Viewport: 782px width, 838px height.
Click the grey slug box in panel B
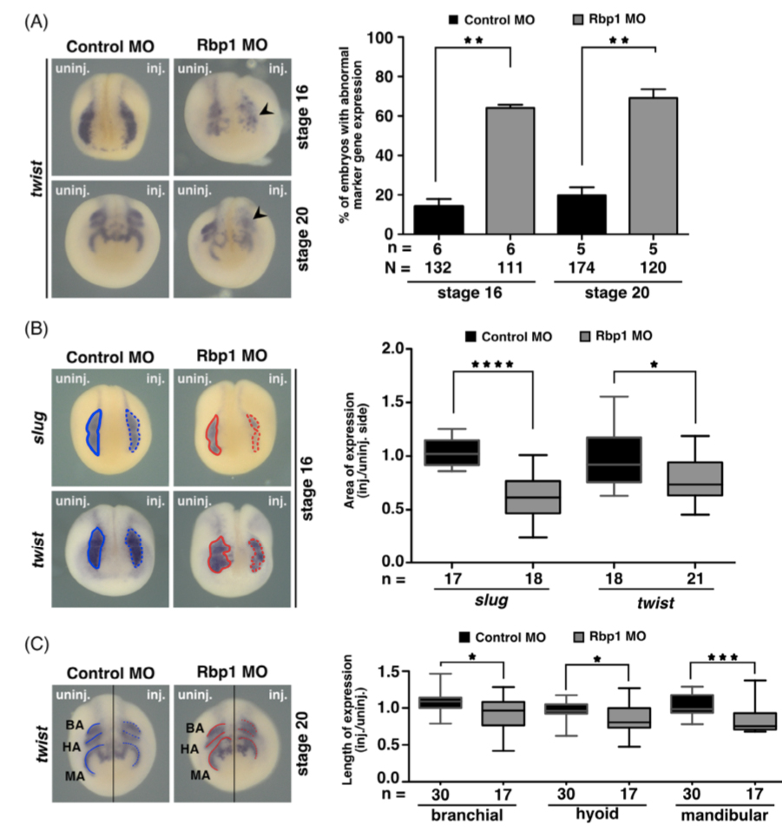click(x=533, y=497)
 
